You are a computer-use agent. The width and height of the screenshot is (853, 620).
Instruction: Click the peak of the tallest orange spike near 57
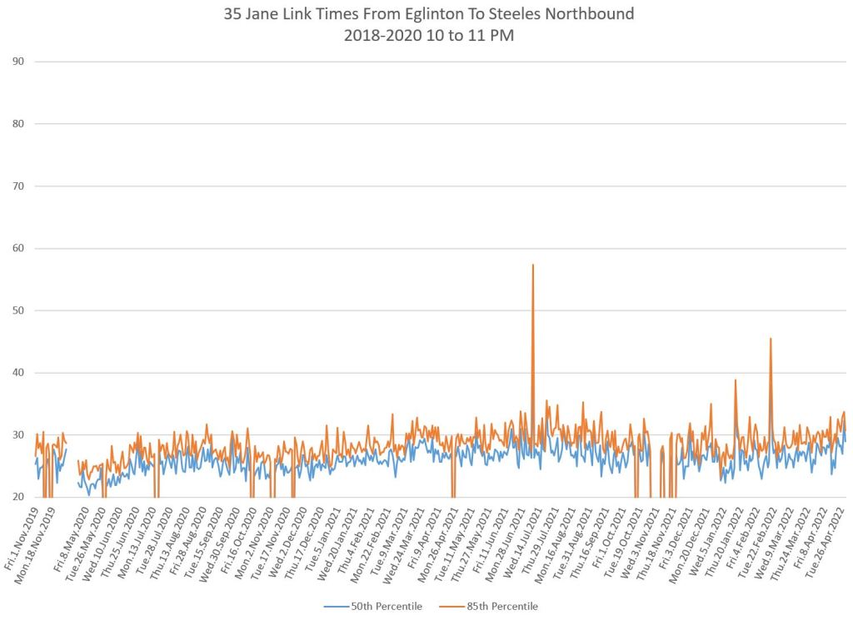click(x=532, y=265)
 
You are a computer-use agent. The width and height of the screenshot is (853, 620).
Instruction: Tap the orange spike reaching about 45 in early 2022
click(x=771, y=339)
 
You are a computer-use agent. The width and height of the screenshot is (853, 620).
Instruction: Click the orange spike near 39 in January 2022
click(x=735, y=380)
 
